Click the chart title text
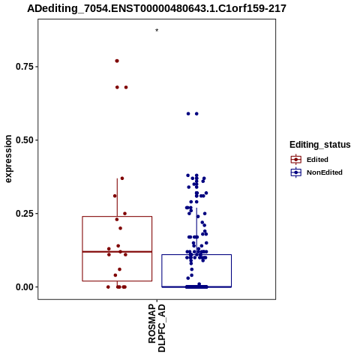click(157, 9)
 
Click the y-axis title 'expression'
click(8, 159)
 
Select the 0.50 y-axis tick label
click(25, 140)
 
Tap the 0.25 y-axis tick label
click(25, 214)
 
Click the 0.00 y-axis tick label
click(25, 287)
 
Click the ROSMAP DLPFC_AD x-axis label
click(157, 328)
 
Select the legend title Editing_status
click(320, 145)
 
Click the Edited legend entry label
click(317, 160)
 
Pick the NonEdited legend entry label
click(325, 172)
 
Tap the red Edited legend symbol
click(296, 160)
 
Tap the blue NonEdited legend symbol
click(296, 172)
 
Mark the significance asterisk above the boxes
click(157, 31)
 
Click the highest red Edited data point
click(117, 61)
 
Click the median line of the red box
click(117, 251)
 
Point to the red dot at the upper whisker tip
click(122, 178)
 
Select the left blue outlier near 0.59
click(188, 114)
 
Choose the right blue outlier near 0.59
click(196, 114)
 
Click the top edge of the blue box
click(196, 254)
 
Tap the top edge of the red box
click(117, 217)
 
